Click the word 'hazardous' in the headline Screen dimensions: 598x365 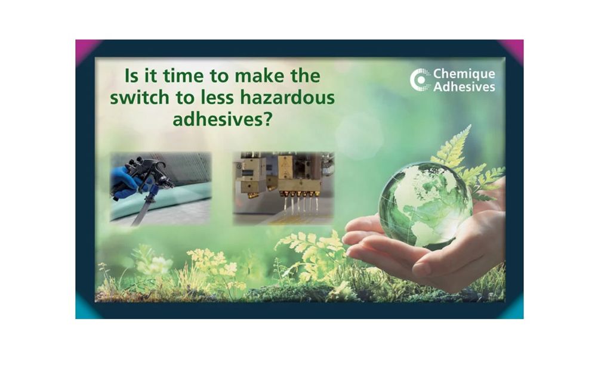pyautogui.click(x=287, y=98)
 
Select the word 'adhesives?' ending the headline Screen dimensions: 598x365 pyautogui.click(x=223, y=120)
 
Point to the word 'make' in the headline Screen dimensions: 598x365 pyautogui.click(x=259, y=76)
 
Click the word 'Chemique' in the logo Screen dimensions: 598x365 pyautogui.click(x=464, y=74)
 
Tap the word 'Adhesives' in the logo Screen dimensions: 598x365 pyautogui.click(x=464, y=86)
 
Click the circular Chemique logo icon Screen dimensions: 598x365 pyautogui.click(x=420, y=80)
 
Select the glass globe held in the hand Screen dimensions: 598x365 pyautogui.click(x=426, y=205)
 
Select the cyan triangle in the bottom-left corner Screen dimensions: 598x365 pyautogui.click(x=84, y=309)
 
